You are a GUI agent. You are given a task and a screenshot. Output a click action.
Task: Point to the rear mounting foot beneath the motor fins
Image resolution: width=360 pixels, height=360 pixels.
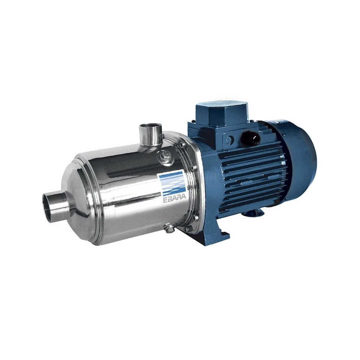[255, 213]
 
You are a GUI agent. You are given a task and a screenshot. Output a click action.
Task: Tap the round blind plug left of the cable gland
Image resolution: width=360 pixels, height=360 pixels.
[229, 139]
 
